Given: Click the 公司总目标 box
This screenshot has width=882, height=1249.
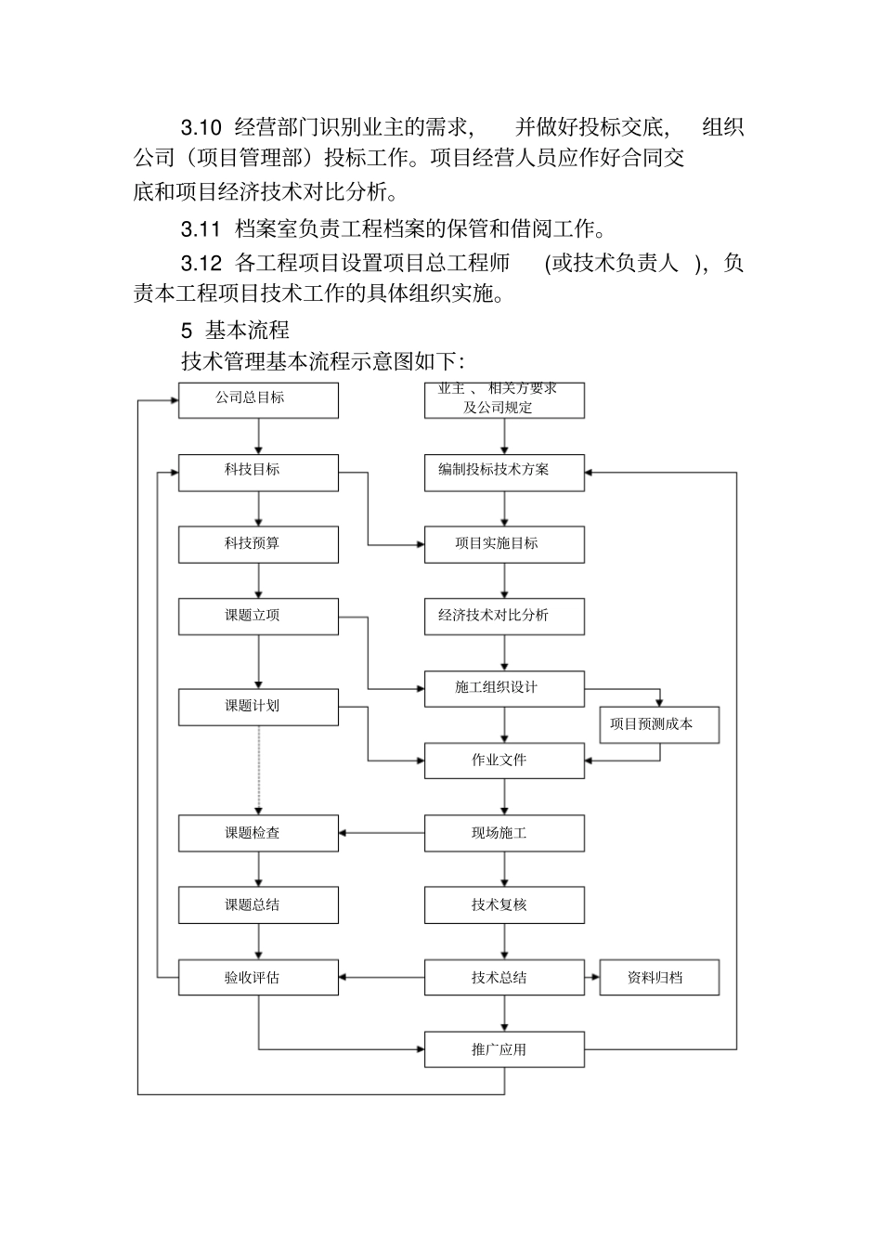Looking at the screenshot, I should tap(258, 399).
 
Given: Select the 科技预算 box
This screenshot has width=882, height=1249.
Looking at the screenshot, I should tap(258, 544).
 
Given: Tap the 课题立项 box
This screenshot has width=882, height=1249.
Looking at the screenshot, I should tap(258, 617).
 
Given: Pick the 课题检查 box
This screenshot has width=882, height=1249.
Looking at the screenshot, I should tap(258, 833).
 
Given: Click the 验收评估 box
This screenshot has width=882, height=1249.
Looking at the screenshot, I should tap(258, 978).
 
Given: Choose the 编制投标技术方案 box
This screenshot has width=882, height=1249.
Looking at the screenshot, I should tap(504, 472).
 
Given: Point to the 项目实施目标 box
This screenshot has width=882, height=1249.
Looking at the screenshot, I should tap(504, 544).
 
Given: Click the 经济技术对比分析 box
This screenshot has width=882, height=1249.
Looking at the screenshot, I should tap(504, 617).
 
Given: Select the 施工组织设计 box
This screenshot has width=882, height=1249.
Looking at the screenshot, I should tap(504, 689).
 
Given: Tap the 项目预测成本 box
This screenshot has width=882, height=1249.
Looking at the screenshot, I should tap(659, 724).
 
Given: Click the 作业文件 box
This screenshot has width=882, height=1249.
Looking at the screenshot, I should tap(504, 761).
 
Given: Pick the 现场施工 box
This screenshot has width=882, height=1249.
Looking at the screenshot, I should tap(504, 833).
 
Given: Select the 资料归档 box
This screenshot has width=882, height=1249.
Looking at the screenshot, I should tap(659, 978).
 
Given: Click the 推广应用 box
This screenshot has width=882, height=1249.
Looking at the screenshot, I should tap(504, 1050).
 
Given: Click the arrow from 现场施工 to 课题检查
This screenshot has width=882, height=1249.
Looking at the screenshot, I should tap(382, 833).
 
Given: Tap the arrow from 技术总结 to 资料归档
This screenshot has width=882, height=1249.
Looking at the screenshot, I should tap(591, 978).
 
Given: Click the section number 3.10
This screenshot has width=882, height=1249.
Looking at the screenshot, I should tap(201, 126).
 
